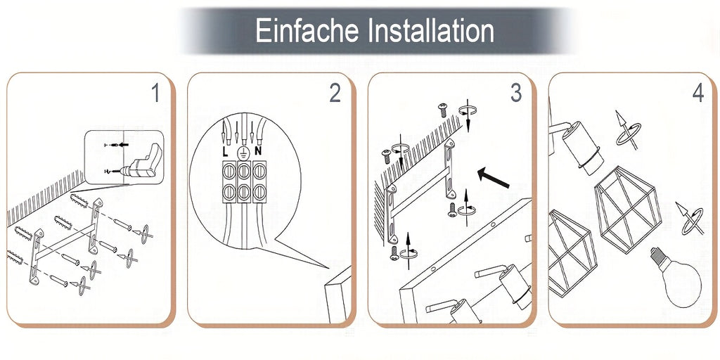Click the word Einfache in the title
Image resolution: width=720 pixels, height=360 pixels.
click(307, 31)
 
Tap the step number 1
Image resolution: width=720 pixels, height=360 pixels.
click(156, 94)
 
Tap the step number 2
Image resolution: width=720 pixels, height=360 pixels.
click(335, 94)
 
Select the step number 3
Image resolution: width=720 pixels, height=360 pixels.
click(516, 94)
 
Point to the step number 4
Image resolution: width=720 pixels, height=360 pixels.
click(698, 94)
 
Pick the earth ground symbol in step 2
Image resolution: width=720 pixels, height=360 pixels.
click(243, 153)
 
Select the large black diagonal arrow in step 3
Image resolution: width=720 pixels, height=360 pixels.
click(493, 178)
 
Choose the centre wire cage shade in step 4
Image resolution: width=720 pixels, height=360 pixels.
click(627, 210)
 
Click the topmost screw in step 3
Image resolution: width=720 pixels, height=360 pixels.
click(443, 110)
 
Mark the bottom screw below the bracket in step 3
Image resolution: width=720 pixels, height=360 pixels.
click(394, 253)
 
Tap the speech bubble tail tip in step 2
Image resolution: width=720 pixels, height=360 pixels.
click(328, 268)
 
